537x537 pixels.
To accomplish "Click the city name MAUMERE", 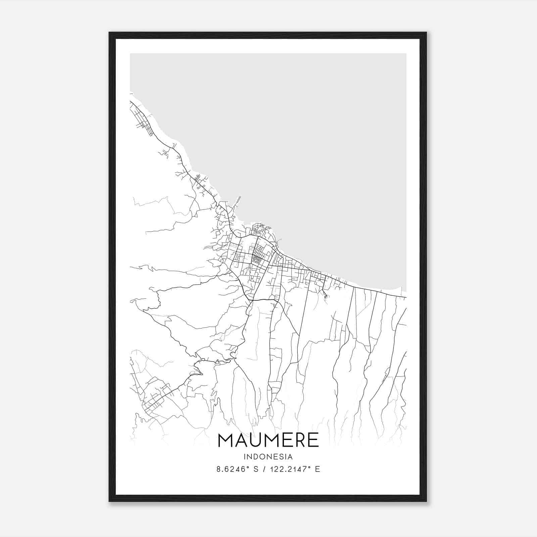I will (x=268, y=440).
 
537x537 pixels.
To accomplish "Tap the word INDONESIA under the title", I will (x=268, y=457).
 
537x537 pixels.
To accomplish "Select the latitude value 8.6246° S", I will (x=237, y=469).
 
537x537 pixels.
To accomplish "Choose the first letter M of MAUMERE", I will (x=226, y=440).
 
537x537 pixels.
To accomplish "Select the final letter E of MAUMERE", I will (x=313, y=440).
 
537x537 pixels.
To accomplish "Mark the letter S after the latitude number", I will (x=256, y=469).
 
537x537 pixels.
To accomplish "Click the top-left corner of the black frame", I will (x=109, y=33).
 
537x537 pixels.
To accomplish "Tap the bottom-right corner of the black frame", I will (x=426, y=501).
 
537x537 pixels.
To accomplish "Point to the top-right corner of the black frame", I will (x=426, y=33).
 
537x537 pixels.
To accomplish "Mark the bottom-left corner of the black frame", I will (x=109, y=501).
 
